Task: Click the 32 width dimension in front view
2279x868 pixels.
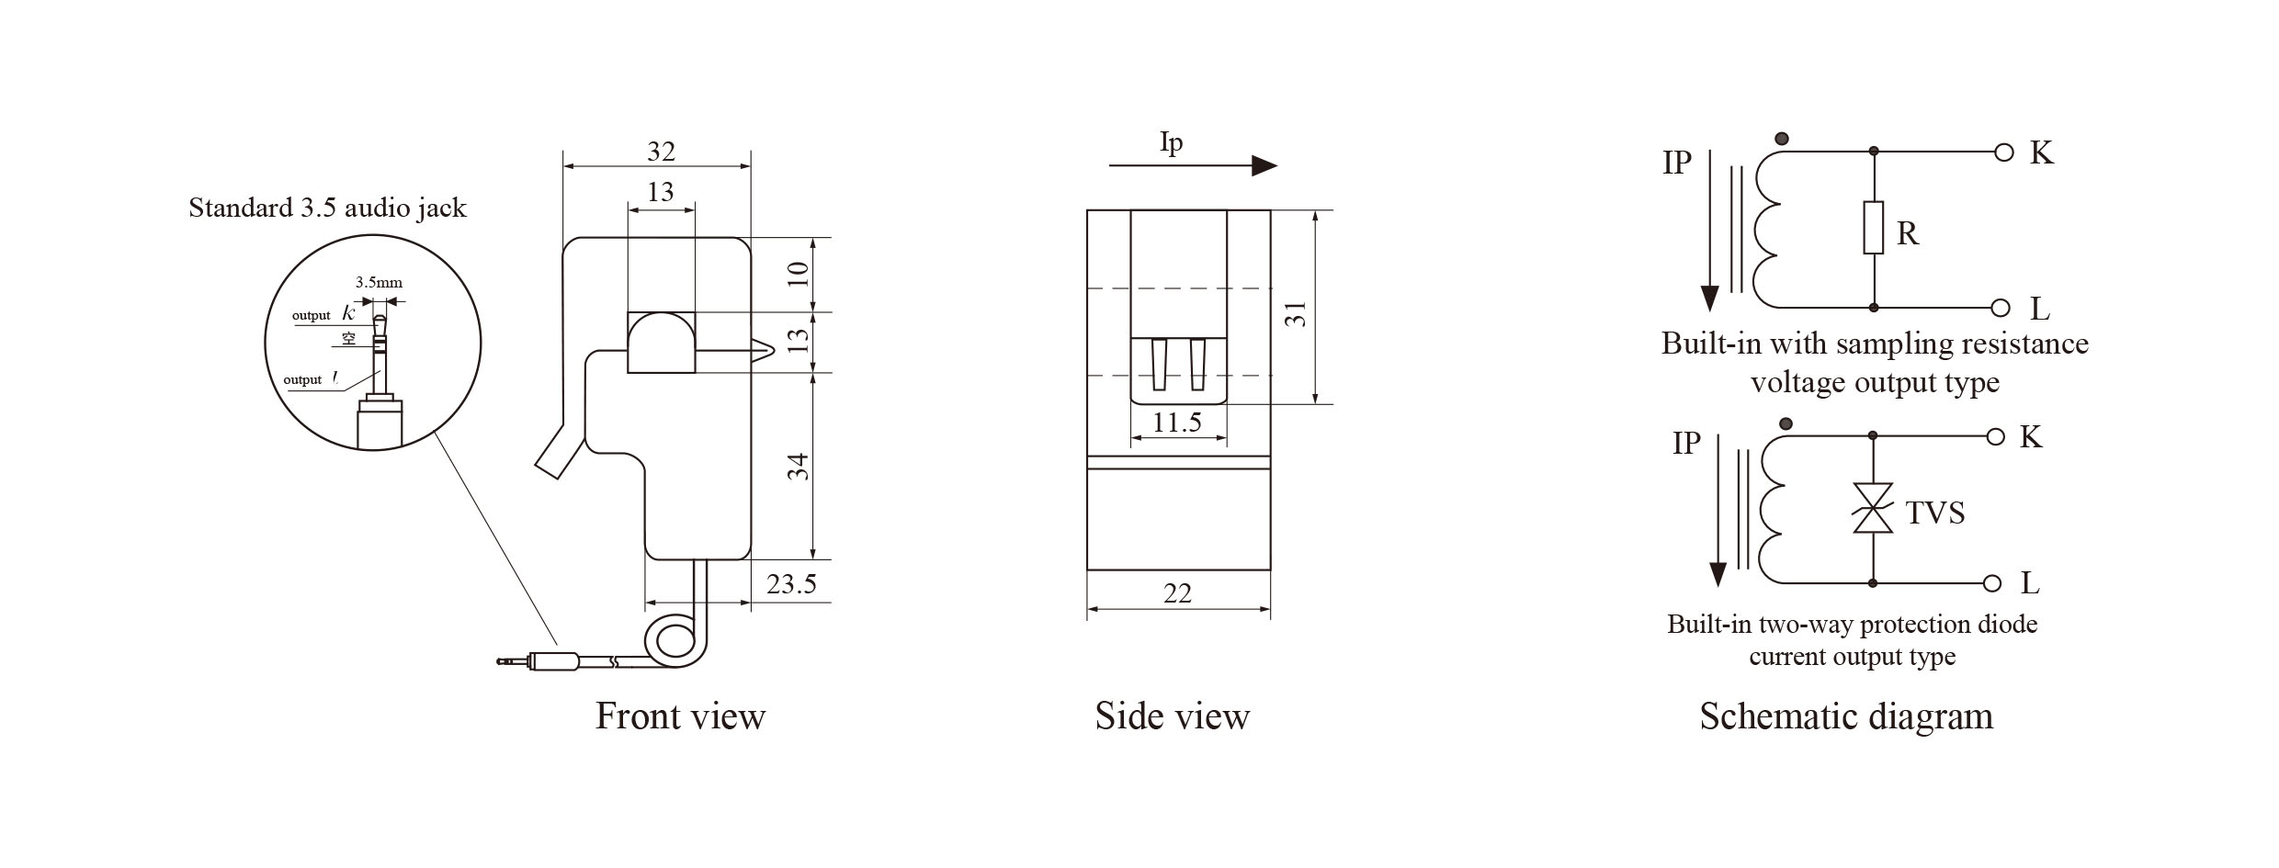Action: [661, 152]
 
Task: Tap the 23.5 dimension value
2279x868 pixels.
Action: [791, 584]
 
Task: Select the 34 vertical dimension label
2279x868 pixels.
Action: [799, 467]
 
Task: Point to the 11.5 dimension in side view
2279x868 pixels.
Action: [1177, 423]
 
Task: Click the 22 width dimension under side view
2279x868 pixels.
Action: [1177, 593]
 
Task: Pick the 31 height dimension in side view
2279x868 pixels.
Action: [1296, 314]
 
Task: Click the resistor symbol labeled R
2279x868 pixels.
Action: [1873, 228]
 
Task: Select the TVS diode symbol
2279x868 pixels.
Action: [1873, 508]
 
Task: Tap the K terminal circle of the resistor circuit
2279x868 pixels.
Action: [2005, 152]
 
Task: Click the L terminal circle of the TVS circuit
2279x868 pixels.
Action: [1992, 583]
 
